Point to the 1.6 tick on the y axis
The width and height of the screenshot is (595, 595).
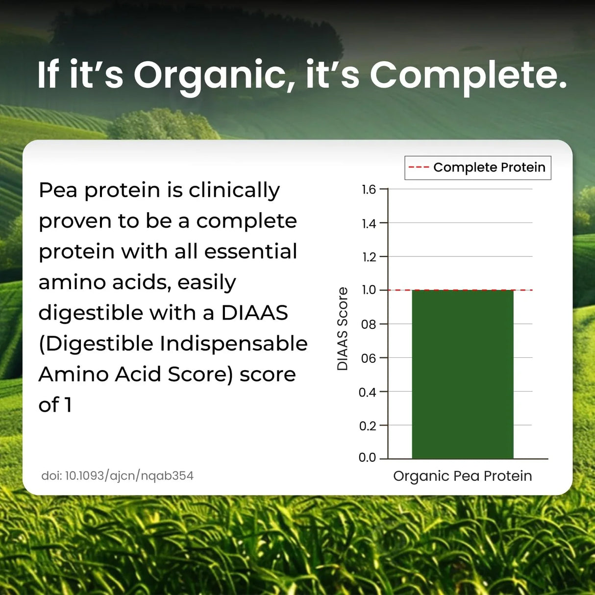click(369, 190)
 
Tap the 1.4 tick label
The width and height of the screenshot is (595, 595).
click(369, 224)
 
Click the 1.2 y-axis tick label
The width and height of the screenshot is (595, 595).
click(369, 257)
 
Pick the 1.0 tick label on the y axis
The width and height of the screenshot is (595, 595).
click(369, 290)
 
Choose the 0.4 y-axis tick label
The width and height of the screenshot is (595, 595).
click(367, 393)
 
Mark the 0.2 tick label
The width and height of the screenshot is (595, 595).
click(367, 426)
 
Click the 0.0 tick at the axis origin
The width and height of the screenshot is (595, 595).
click(367, 458)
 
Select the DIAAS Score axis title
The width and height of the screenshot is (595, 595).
click(342, 329)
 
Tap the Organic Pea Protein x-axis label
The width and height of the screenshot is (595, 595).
click(462, 476)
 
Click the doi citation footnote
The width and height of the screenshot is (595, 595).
click(117, 476)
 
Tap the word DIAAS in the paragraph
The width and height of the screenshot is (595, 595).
click(254, 313)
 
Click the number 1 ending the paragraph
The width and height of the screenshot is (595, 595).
click(68, 405)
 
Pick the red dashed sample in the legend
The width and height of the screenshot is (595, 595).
click(419, 168)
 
